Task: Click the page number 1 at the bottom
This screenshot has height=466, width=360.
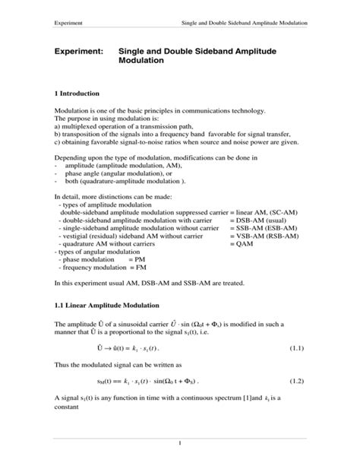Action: click(180, 442)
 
